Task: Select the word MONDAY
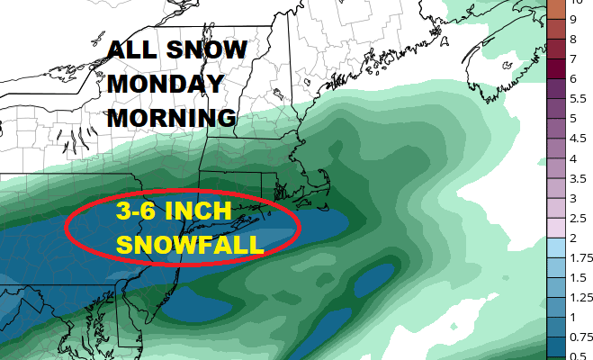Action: click(x=166, y=84)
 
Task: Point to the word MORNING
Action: click(x=170, y=118)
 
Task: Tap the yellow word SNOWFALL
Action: click(x=190, y=245)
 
